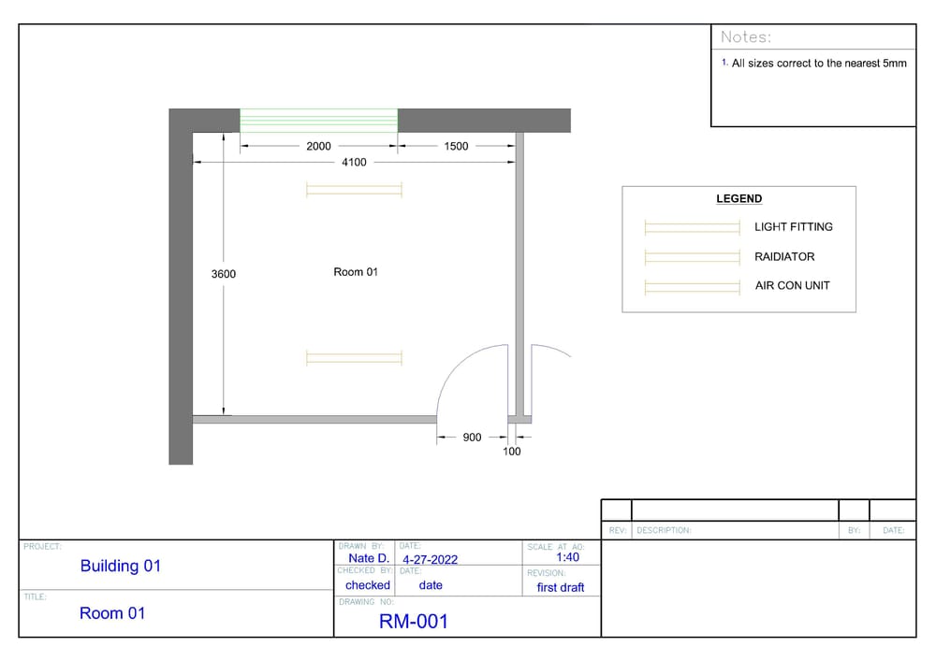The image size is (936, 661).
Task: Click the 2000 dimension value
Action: click(x=319, y=146)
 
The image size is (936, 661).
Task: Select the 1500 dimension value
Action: click(x=456, y=146)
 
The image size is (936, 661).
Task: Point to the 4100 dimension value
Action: click(x=354, y=163)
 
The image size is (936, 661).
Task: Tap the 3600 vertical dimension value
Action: click(x=223, y=274)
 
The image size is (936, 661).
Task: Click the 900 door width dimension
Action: click(x=472, y=438)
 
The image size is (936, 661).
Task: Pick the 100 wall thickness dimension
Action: click(x=512, y=452)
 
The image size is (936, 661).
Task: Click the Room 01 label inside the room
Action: click(x=356, y=272)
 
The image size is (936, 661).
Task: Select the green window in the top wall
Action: click(x=318, y=121)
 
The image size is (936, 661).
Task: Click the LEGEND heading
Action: click(x=739, y=199)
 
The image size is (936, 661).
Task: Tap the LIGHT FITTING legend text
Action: click(x=793, y=227)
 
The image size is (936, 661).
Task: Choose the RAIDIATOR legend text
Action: click(x=784, y=257)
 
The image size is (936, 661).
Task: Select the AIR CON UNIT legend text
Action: click(x=792, y=286)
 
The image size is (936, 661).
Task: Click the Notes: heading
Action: click(x=746, y=37)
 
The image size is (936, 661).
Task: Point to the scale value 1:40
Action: click(x=567, y=557)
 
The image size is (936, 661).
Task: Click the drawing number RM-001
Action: click(x=414, y=622)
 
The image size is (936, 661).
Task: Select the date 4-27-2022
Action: click(x=430, y=560)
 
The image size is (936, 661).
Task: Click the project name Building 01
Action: click(x=120, y=566)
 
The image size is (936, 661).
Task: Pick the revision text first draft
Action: click(x=560, y=587)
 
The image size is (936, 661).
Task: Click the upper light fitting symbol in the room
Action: click(x=354, y=190)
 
